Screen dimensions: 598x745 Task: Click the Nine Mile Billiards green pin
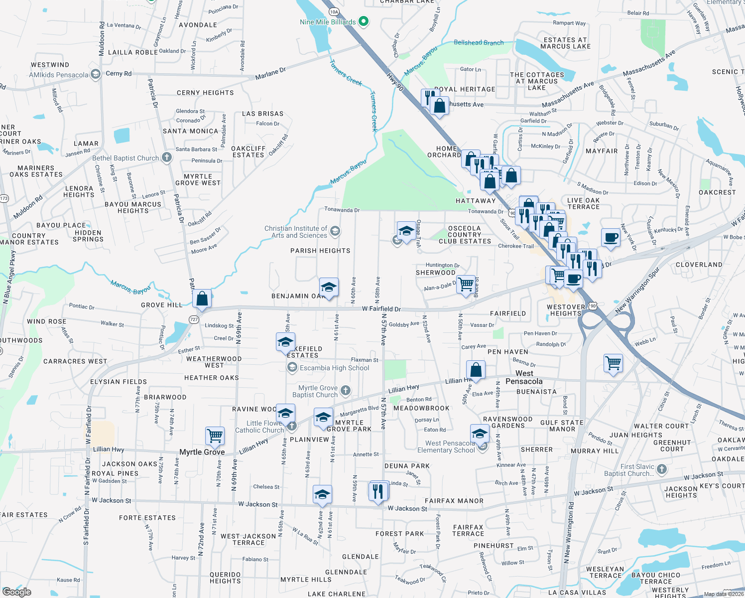pyautogui.click(x=364, y=21)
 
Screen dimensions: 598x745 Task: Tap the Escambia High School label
pyautogui.click(x=334, y=368)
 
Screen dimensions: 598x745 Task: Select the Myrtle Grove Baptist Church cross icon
pyautogui.click(x=346, y=390)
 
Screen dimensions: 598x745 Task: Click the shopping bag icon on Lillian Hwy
pyautogui.click(x=476, y=370)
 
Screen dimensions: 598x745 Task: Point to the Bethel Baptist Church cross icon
pyautogui.click(x=167, y=157)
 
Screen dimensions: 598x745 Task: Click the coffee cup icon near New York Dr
pyautogui.click(x=611, y=238)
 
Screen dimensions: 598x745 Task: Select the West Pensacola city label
pyautogui.click(x=524, y=377)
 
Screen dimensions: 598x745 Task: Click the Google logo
pyautogui.click(x=16, y=592)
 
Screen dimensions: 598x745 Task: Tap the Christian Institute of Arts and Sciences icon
pyautogui.click(x=335, y=230)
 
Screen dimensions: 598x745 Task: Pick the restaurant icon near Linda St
pyautogui.click(x=379, y=491)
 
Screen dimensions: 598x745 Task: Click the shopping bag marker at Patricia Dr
pyautogui.click(x=202, y=299)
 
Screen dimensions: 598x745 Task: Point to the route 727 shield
pyautogui.click(x=194, y=319)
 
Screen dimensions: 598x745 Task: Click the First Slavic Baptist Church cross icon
pyautogui.click(x=662, y=469)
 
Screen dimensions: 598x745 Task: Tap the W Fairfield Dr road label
pyautogui.click(x=381, y=309)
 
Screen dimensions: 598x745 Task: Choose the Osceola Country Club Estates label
pyautogui.click(x=465, y=235)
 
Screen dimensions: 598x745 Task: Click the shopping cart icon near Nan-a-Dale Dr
pyautogui.click(x=466, y=284)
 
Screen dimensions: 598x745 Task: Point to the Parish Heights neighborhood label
pyautogui.click(x=320, y=251)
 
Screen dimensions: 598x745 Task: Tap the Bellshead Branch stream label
pyautogui.click(x=479, y=43)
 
